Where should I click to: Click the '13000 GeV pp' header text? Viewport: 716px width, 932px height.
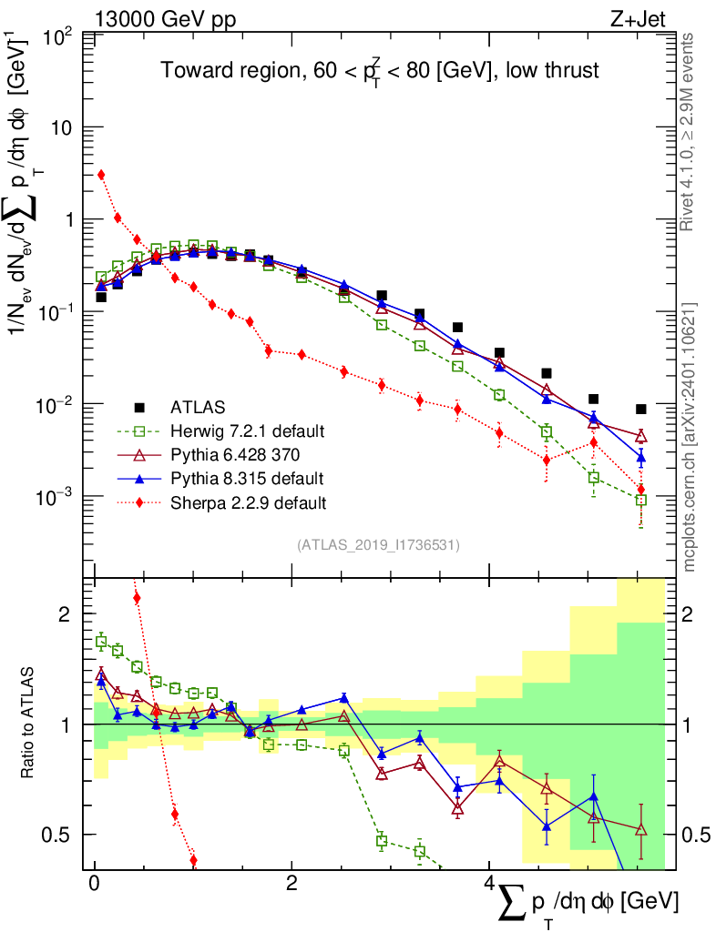[164, 18]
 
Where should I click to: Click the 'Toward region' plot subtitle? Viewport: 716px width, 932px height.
[380, 71]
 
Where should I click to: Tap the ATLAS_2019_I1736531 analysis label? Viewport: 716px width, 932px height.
[378, 544]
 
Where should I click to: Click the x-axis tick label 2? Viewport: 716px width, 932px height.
[291, 884]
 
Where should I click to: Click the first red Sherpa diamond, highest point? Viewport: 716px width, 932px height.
[101, 175]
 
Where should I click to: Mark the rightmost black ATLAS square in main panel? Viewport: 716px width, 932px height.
[641, 410]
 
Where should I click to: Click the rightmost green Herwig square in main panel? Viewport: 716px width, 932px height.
[641, 500]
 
